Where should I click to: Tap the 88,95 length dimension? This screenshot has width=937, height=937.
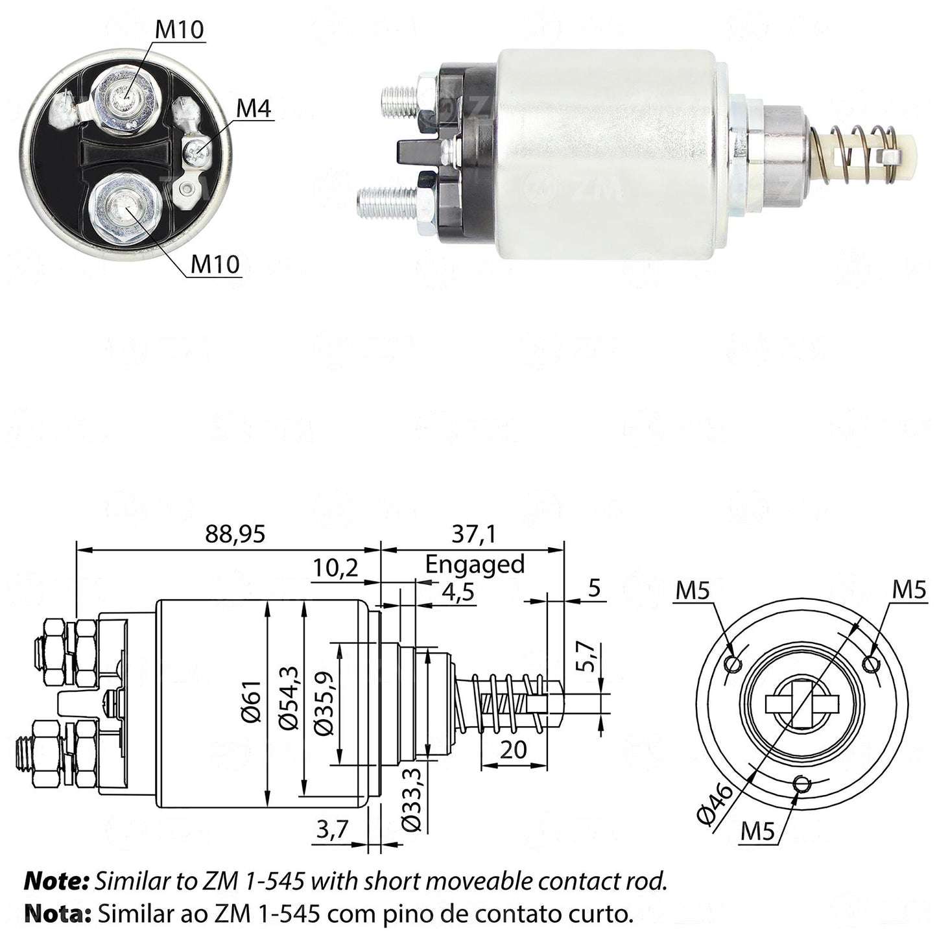click(x=235, y=534)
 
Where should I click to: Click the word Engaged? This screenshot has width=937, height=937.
click(x=475, y=565)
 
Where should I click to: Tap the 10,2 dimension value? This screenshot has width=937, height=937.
click(x=335, y=567)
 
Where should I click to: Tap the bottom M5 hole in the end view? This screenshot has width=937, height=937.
click(x=800, y=797)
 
